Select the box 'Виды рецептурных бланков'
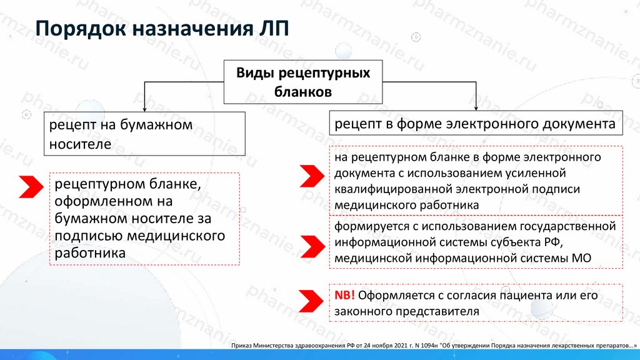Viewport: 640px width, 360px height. pyautogui.click(x=302, y=82)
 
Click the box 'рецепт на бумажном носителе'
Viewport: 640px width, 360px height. pyautogui.click(x=144, y=134)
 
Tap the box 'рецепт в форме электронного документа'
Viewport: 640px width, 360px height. pyautogui.click(x=476, y=124)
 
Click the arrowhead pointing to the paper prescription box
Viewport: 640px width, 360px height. pyautogui.click(x=144, y=107)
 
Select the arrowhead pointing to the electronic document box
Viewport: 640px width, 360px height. pyautogui.click(x=476, y=107)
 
